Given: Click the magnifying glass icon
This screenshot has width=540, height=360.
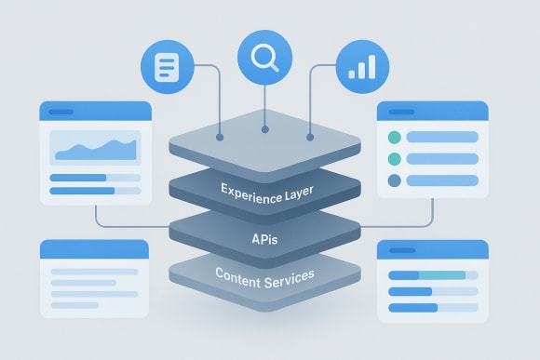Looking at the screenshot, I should point(263,59).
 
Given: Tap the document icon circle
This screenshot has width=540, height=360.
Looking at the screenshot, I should point(166,68).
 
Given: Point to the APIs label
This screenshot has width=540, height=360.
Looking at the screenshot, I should point(264,239).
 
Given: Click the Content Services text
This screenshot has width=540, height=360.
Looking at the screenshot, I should point(264,275).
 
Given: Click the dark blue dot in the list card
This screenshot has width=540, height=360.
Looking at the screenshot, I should point(394,180).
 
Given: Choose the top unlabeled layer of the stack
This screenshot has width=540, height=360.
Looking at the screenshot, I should point(264,140).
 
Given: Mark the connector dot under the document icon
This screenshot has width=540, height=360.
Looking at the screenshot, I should point(220,136).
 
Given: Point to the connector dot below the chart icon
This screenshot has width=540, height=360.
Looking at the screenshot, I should point(309,136).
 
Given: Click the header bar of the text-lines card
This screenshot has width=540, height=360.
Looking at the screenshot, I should point(94,248).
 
